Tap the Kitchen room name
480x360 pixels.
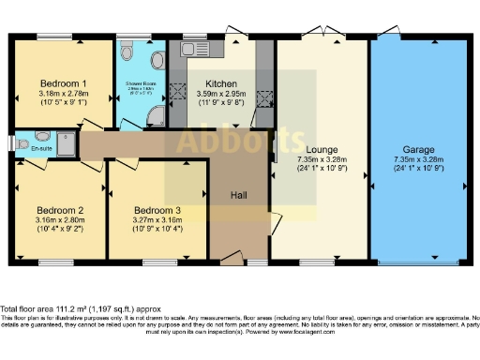pos(220,83)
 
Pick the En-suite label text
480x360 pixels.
pos(41,147)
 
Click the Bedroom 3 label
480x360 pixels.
pos(156,210)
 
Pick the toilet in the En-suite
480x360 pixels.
pos(21,143)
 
